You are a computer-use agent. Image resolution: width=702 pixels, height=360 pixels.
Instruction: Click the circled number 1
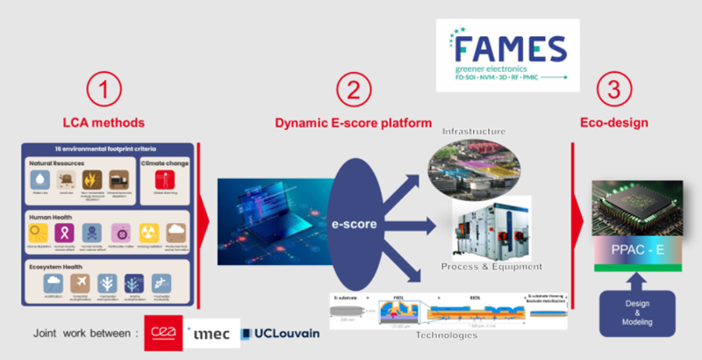tap(104, 90)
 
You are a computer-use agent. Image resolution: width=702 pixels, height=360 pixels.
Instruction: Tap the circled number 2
tap(354, 90)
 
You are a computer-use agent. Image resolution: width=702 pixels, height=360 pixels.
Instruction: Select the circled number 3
tap(612, 90)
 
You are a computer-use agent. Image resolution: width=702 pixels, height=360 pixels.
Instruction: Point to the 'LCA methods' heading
tap(104, 123)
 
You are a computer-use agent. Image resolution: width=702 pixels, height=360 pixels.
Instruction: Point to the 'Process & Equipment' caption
tap(492, 266)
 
